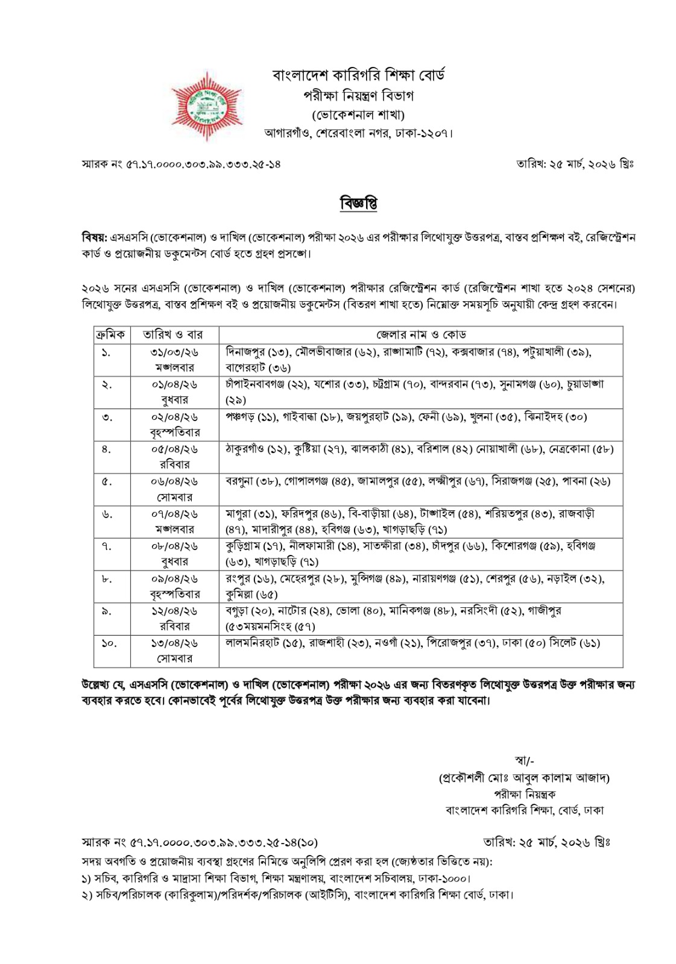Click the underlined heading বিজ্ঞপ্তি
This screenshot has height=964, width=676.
pos(358,203)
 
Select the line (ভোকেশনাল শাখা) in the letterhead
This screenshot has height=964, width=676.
pos(358,114)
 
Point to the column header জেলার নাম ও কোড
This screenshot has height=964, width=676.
pos(420,334)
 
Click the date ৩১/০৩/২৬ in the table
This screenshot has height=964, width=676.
pos(174,352)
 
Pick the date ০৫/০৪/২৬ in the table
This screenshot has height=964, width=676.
pos(174,449)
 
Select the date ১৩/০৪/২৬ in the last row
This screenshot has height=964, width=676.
pos(174,643)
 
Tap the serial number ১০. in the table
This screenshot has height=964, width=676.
pos(109,643)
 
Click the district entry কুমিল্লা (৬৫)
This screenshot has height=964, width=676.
pos(251,594)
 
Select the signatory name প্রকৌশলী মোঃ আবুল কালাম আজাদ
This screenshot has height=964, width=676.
pos(524,778)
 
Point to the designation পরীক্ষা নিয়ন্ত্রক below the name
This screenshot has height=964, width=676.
pos(524,794)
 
